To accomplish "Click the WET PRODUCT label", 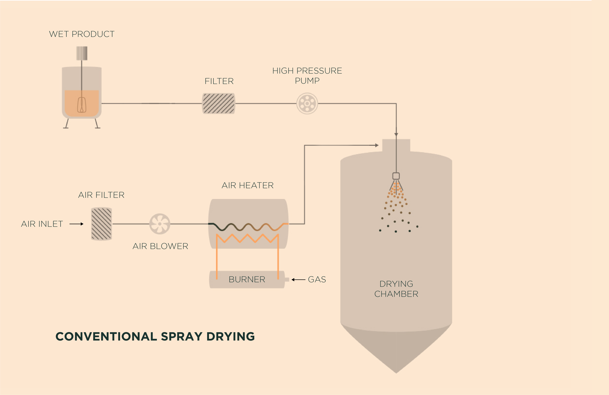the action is click(x=82, y=34).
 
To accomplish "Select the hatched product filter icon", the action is click(x=218, y=103).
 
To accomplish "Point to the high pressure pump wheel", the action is click(x=307, y=103).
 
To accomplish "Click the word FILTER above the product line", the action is click(x=219, y=81).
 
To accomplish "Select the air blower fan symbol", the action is click(x=160, y=224).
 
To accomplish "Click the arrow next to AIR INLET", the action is click(x=77, y=224).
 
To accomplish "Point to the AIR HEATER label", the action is click(x=247, y=185).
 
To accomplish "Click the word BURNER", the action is click(x=247, y=279).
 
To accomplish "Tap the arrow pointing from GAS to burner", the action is click(x=298, y=280).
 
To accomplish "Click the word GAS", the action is click(x=317, y=279).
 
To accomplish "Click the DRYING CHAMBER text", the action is click(x=396, y=289).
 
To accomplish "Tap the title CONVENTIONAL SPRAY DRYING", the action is click(x=155, y=336).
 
